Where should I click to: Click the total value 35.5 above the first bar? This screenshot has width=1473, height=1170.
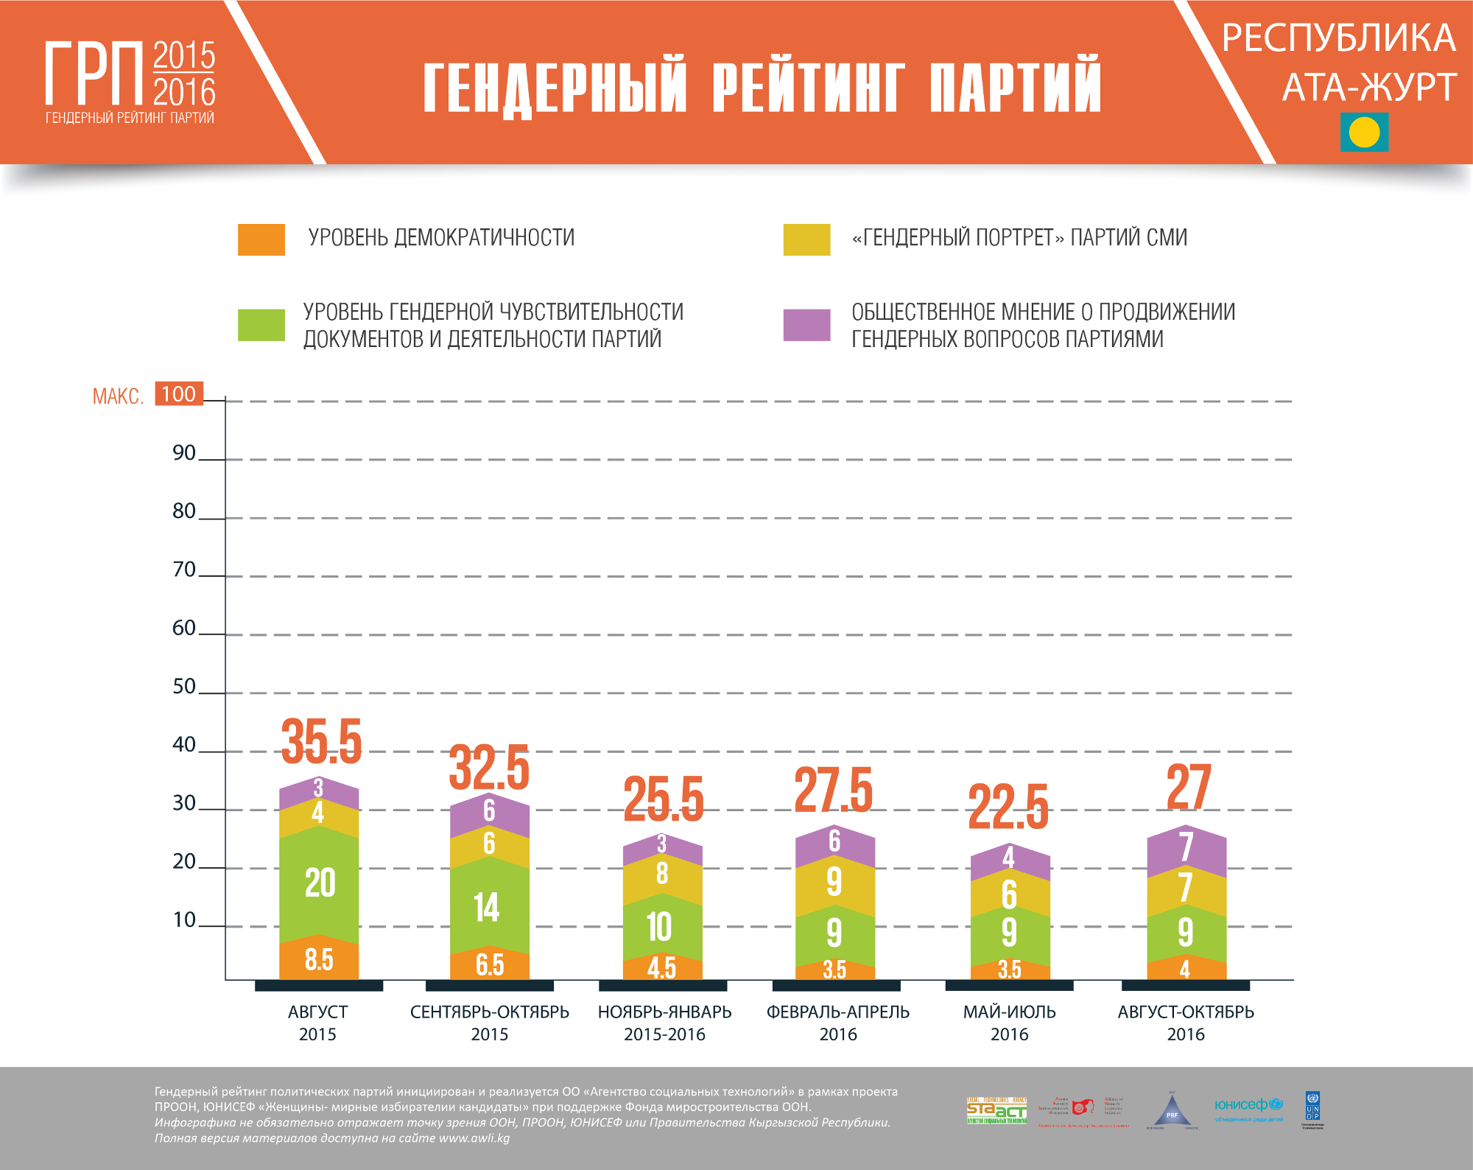(x=322, y=741)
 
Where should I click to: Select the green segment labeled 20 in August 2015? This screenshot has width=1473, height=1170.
(x=320, y=883)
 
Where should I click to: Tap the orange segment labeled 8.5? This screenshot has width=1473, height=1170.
(x=319, y=960)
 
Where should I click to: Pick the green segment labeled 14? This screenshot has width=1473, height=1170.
(x=487, y=908)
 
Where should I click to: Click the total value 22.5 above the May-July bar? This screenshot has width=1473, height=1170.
(x=1008, y=807)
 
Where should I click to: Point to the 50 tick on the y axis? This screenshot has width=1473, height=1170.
(x=184, y=687)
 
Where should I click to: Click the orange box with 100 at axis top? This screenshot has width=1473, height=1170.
(x=179, y=394)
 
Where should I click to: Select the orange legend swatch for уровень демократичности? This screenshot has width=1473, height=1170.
(x=261, y=239)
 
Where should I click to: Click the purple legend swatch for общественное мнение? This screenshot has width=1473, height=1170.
(x=806, y=325)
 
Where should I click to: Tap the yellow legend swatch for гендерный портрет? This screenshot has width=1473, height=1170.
(x=806, y=239)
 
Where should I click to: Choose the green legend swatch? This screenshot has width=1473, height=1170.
(x=261, y=325)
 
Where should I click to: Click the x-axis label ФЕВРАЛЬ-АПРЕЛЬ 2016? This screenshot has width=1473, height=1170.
(x=838, y=1023)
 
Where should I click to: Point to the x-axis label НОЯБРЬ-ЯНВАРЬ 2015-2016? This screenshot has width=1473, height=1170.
(x=664, y=1023)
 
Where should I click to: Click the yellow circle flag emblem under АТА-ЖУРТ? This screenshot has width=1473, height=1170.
(x=1364, y=133)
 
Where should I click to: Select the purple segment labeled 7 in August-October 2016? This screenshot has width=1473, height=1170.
(x=1186, y=847)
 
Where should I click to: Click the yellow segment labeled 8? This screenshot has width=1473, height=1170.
(x=662, y=874)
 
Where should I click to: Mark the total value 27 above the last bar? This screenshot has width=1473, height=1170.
(x=1188, y=787)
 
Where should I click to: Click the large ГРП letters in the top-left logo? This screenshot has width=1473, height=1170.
(x=94, y=74)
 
